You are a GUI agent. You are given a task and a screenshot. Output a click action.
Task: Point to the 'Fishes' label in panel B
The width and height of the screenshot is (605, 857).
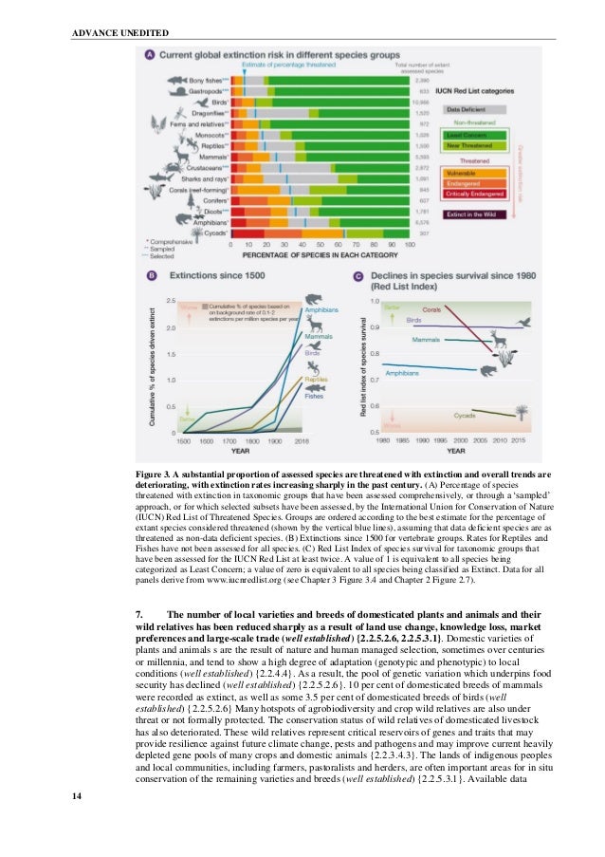click(x=314, y=397)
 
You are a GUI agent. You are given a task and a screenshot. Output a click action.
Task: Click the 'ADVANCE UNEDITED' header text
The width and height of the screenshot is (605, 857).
click(x=120, y=33)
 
